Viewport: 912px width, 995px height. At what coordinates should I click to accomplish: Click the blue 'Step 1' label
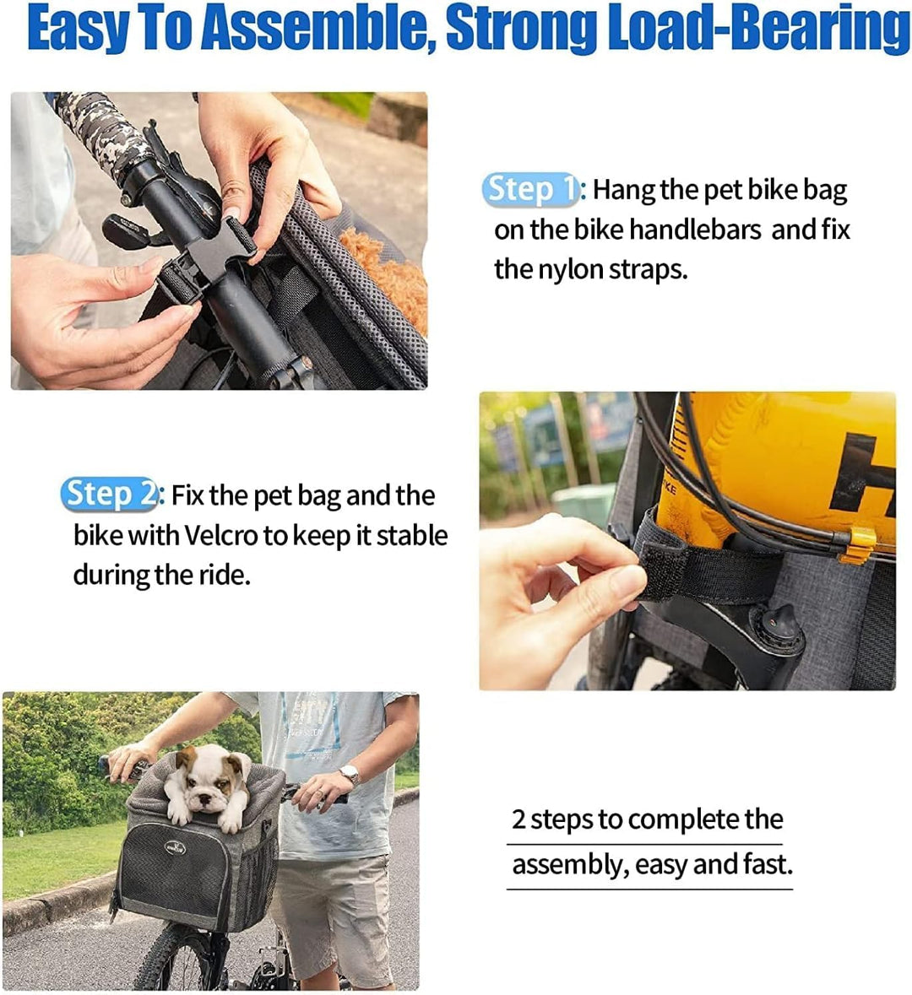(529, 190)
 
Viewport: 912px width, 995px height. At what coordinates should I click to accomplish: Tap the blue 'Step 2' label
(109, 495)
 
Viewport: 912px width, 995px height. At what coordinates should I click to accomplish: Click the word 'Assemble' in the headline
(316, 29)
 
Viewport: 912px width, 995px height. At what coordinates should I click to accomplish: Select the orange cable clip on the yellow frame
(858, 543)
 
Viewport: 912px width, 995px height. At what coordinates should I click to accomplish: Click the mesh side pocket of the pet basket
(263, 878)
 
